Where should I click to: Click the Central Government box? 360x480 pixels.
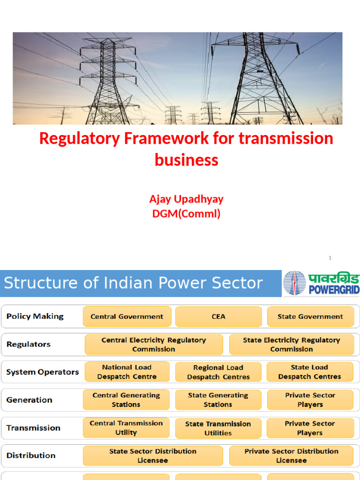tap(127, 316)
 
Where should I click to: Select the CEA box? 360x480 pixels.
tap(218, 316)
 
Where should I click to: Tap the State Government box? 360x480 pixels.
tap(310, 316)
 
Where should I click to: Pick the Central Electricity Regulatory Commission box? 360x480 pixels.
tap(154, 345)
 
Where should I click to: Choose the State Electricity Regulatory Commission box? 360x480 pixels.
tap(292, 345)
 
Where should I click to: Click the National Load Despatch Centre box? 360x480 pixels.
tap(127, 372)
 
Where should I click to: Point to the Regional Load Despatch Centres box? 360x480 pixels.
tap(218, 372)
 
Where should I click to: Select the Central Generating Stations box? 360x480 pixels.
tap(126, 400)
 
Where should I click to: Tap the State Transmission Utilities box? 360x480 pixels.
tap(218, 428)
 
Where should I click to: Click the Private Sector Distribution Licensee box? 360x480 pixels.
tap(292, 456)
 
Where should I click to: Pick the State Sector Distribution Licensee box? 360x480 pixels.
tap(153, 456)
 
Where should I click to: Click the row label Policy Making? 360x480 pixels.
tap(35, 316)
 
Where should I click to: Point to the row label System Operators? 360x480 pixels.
tap(43, 372)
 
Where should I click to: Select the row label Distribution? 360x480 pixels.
tap(31, 456)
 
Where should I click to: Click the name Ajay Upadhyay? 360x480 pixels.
tap(187, 199)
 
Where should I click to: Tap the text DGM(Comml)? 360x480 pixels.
tap(187, 214)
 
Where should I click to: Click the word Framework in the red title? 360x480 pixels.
tap(166, 138)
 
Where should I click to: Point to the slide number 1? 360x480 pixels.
tap(330, 258)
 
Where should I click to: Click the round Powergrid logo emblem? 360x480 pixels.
tap(294, 283)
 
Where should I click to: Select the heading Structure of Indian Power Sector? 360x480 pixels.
tap(134, 283)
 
